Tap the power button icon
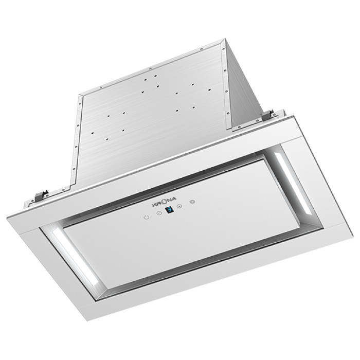[x=147, y=217]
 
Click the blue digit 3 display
[x=169, y=210]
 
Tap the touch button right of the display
[x=180, y=206]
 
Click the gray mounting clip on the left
[x=41, y=195]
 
